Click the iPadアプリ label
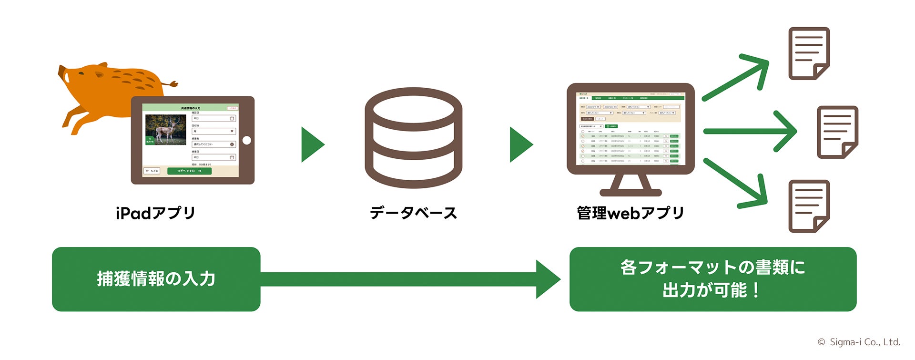(155, 213)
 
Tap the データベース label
(413, 213)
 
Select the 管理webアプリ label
(630, 213)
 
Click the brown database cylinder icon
(413, 138)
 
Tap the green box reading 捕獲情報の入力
(156, 279)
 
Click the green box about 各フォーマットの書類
(712, 279)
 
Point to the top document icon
(809, 53)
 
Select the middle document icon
(837, 132)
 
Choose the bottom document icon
(809, 206)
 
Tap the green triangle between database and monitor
(520, 144)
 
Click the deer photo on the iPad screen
(165, 129)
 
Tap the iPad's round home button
(246, 140)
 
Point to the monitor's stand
(630, 185)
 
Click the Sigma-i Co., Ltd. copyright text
(859, 342)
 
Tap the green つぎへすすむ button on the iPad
(189, 171)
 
